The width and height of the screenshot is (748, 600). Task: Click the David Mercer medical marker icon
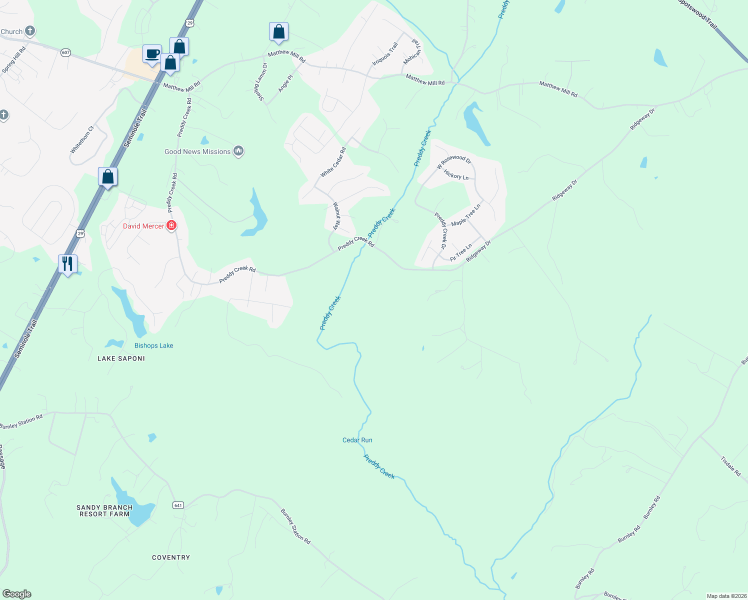click(171, 226)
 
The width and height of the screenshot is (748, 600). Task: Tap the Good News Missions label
click(197, 151)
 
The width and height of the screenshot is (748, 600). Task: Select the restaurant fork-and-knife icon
click(67, 263)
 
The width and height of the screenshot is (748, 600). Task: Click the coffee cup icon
click(152, 54)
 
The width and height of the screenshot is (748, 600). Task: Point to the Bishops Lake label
click(153, 345)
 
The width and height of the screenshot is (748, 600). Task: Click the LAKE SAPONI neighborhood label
click(121, 358)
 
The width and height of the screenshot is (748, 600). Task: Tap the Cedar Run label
click(357, 440)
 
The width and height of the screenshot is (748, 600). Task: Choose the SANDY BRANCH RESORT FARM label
click(104, 510)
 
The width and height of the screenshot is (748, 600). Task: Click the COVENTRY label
click(171, 557)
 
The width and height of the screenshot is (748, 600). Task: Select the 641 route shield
click(178, 505)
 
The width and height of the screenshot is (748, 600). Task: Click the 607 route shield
click(66, 52)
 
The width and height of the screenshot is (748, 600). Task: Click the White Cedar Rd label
click(333, 162)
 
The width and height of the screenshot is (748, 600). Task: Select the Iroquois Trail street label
click(385, 54)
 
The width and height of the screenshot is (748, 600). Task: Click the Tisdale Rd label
click(730, 466)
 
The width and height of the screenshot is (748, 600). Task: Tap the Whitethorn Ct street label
click(82, 140)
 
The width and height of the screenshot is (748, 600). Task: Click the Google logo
click(17, 594)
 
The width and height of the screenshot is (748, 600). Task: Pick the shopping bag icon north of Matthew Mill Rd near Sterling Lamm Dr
click(278, 31)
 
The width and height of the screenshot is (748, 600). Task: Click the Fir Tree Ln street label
click(461, 252)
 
